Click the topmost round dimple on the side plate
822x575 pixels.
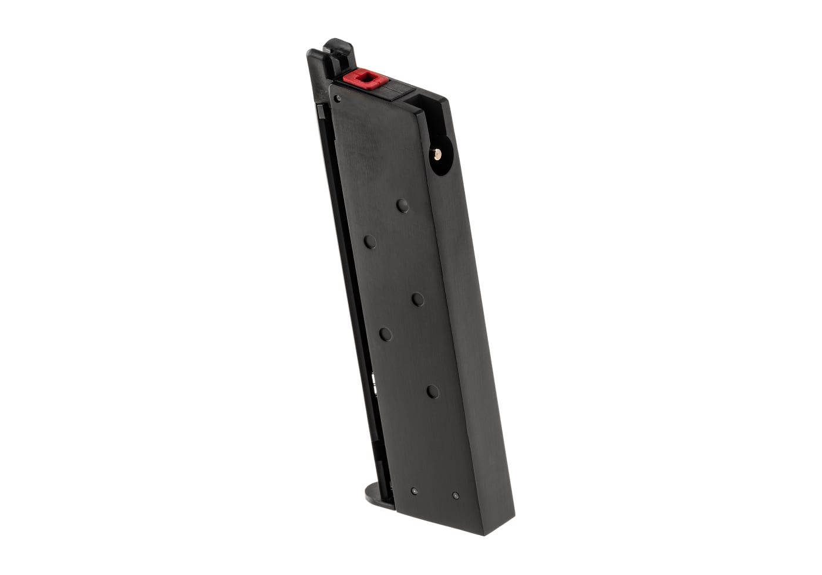(402, 205)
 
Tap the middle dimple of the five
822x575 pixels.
(417, 299)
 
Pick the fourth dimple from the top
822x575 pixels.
(385, 334)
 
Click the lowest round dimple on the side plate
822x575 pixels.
(433, 391)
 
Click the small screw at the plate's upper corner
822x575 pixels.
(337, 99)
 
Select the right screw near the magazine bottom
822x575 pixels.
(456, 496)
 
